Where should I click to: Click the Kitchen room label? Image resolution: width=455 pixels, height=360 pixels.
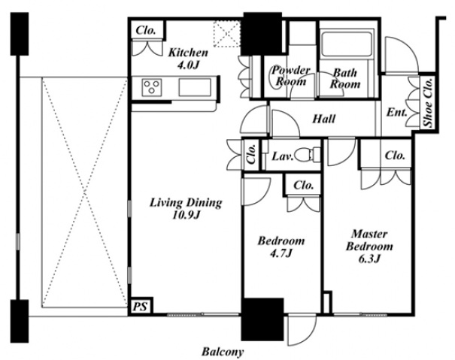tap(188, 59)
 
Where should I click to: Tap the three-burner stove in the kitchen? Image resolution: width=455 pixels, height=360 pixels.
tap(152, 87)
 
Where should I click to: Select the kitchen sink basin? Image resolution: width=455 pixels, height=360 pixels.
tap(195, 87)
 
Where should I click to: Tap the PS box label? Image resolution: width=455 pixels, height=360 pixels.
tap(140, 307)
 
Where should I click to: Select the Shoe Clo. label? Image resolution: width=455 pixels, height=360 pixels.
tap(428, 102)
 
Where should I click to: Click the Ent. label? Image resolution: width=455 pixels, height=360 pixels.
tap(396, 112)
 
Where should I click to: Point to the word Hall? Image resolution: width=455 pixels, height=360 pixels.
tap(324, 119)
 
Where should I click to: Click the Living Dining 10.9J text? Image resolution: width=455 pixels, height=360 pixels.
tap(186, 209)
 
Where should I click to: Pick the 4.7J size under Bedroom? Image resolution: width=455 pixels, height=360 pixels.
tap(281, 253)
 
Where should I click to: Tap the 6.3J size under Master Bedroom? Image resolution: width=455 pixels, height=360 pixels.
tap(369, 259)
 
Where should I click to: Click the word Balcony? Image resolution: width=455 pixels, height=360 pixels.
tap(223, 352)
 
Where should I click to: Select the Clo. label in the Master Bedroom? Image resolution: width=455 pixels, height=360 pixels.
tap(395, 156)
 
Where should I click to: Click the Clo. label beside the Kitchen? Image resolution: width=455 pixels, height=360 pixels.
tap(146, 30)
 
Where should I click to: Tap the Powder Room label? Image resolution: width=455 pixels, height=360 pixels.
tap(291, 76)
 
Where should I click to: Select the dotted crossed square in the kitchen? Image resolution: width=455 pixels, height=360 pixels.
tap(227, 34)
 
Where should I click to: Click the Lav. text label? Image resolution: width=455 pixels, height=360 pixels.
tap(283, 157)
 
